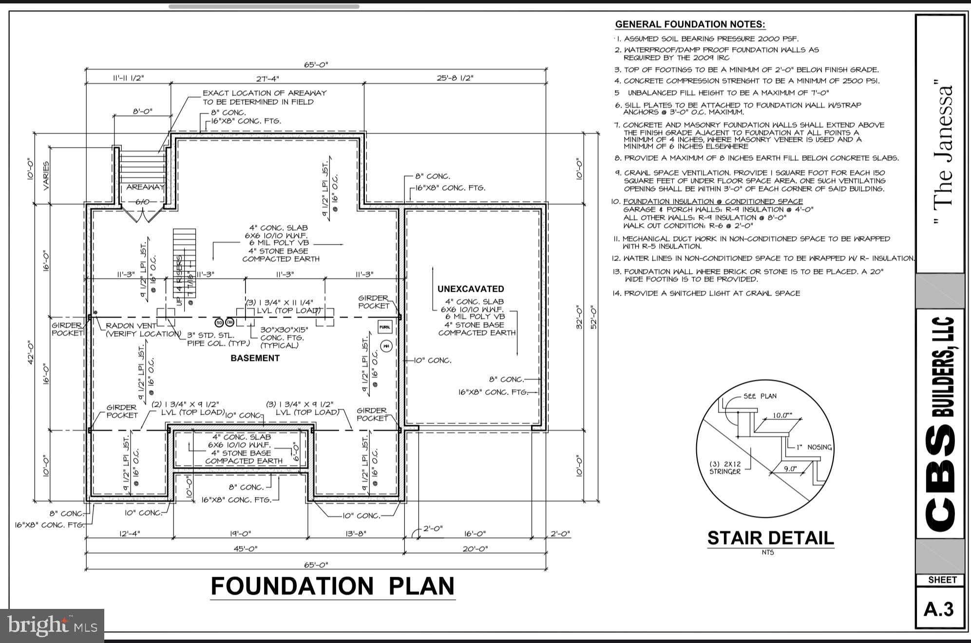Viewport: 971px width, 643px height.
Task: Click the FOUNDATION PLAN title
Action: point(333,586)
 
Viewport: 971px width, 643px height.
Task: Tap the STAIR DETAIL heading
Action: point(770,538)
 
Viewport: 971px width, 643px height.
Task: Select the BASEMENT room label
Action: point(255,358)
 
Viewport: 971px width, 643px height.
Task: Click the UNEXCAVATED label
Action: point(470,289)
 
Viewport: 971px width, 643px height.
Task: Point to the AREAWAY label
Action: point(145,187)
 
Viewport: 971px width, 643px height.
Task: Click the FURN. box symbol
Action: point(385,327)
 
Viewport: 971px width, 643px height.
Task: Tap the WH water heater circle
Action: point(386,346)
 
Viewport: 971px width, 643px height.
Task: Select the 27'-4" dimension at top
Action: point(267,78)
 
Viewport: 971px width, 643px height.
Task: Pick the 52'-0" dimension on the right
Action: point(593,317)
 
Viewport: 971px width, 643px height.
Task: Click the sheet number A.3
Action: point(938,609)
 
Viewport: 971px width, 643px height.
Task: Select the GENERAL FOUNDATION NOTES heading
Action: point(690,24)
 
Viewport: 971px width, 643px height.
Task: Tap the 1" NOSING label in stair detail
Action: point(814,447)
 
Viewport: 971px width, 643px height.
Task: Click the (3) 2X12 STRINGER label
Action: point(724,468)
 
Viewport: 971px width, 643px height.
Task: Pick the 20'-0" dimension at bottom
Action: point(475,548)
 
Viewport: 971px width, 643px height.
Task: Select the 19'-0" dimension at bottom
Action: point(240,533)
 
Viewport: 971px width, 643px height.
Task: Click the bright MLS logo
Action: point(52,625)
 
